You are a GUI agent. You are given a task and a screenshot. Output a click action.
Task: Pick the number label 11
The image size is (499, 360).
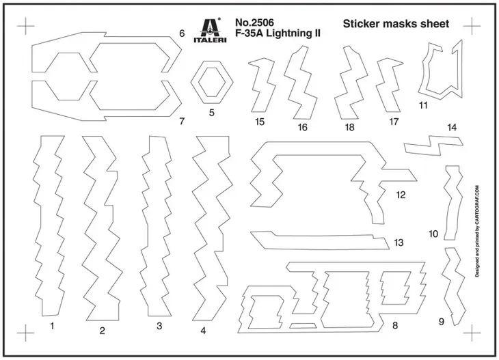[423, 105]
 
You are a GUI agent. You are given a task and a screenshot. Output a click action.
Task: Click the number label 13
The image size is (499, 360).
[399, 243]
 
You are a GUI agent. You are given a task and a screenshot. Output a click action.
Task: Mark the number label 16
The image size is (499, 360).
[302, 128]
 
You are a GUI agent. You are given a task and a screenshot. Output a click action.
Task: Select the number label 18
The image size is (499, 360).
[349, 128]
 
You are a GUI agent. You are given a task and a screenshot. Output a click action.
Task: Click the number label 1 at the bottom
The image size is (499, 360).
[52, 326]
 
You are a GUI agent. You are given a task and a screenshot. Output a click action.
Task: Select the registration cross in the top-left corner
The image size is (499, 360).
[25, 26]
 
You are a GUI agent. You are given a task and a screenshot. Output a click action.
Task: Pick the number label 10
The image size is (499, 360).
[433, 234]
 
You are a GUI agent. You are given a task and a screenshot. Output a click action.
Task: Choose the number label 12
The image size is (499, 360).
[401, 195]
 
